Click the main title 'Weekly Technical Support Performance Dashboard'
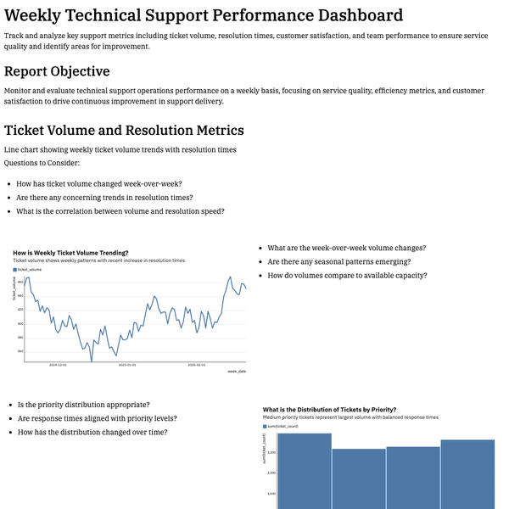(x=204, y=15)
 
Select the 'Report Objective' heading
(x=69, y=71)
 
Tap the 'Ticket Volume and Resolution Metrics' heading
(x=124, y=130)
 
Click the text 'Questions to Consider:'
(x=42, y=162)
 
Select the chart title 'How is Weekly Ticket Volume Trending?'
(x=70, y=252)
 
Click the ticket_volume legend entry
(x=29, y=269)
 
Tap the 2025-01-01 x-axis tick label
(x=126, y=366)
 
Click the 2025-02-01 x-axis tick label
(x=195, y=366)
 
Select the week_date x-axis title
(x=237, y=372)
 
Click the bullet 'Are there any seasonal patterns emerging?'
(x=338, y=261)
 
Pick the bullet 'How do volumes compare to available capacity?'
(x=347, y=275)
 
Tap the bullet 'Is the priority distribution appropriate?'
(x=83, y=405)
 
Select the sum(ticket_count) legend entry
(x=282, y=426)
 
